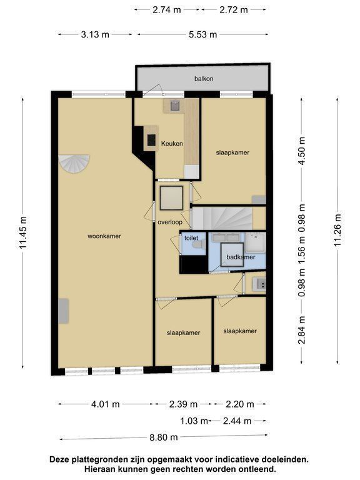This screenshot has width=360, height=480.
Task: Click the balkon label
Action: [204, 79]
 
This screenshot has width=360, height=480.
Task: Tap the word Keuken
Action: [172, 143]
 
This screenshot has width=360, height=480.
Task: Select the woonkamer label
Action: [104, 236]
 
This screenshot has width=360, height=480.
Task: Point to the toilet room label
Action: [191, 238]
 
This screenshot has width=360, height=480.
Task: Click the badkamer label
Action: [241, 257]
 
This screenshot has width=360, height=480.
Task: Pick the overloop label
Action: [170, 222]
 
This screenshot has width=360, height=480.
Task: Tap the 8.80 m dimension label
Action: [164, 437]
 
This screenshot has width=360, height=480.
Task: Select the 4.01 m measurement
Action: [105, 404]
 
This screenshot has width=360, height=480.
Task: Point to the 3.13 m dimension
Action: [95, 34]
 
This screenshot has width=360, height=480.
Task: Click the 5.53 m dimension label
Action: [202, 34]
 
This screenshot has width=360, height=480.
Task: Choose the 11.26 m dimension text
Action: [337, 230]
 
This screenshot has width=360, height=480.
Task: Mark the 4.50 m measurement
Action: [302, 151]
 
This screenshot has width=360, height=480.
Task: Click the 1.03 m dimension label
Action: [194, 421]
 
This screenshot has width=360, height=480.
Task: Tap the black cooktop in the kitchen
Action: [151, 140]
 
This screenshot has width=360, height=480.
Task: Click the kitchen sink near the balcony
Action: [175, 106]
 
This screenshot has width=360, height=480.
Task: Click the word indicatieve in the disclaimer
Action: [234, 459]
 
